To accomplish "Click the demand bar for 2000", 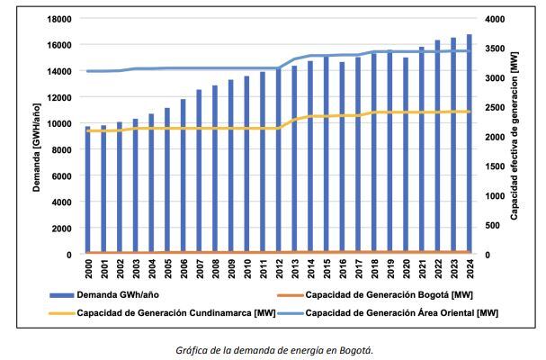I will click(87, 191).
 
